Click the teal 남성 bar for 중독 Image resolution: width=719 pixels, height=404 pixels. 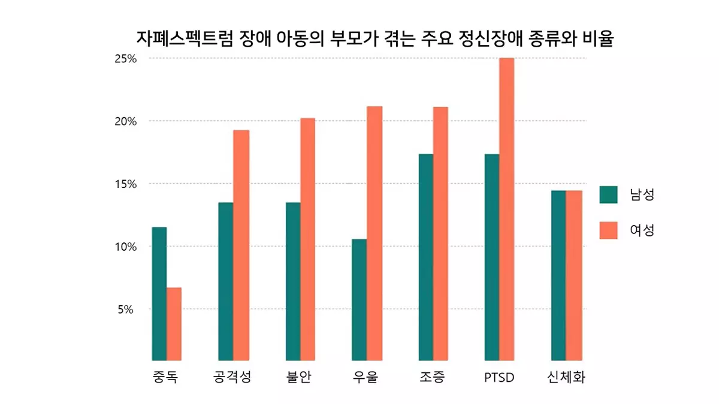159,293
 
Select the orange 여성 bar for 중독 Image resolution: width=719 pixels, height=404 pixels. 174,324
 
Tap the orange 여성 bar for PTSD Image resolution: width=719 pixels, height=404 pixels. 506,209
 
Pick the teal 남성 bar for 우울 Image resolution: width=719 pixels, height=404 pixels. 359,299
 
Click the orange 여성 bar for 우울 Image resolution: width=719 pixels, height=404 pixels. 374,233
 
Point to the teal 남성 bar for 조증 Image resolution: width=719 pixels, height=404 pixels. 426,257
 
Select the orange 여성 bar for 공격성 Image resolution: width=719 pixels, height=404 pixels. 241,245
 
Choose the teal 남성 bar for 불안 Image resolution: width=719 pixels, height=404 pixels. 293,281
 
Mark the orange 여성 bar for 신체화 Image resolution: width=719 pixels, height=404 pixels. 575,275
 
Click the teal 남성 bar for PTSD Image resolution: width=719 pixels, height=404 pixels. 492,257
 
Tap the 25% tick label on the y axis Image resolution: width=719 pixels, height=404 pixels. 126,59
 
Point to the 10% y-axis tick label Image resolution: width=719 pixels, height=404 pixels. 126,247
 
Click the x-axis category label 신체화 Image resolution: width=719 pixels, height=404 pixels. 566,378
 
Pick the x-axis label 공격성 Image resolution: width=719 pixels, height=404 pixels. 232,378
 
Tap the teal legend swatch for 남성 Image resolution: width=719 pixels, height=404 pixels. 608,195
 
